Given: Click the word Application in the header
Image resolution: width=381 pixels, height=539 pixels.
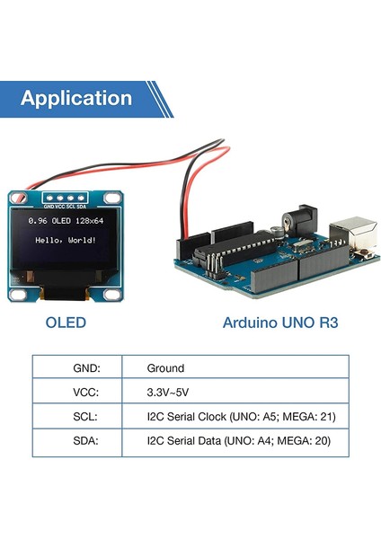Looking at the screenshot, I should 76,99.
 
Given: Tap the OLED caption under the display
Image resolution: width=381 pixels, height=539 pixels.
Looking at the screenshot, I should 66,322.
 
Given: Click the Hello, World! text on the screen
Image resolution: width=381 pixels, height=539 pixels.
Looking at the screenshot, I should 64,241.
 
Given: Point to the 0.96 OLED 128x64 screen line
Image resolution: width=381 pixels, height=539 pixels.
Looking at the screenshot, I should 65,221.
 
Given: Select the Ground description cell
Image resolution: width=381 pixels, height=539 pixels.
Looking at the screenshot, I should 165,368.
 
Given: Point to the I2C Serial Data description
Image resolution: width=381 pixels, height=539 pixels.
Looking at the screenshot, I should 184,442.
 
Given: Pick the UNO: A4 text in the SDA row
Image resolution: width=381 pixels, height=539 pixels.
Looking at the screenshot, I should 257,442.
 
